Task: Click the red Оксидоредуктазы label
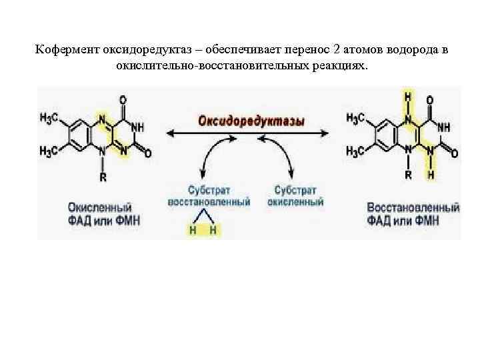251,121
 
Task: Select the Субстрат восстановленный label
209,195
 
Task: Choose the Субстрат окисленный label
295,195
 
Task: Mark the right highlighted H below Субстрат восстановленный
214,231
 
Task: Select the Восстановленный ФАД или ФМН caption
413,213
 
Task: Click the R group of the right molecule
408,175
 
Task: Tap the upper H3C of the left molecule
51,118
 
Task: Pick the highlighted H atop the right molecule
408,98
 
